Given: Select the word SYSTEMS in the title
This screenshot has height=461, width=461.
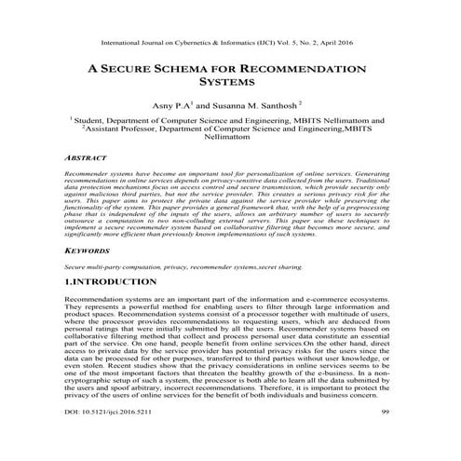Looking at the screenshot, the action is pos(229,85).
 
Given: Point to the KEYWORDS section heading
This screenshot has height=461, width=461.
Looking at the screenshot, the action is pos(88,251).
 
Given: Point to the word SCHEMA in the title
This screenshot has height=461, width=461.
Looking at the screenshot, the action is pos(197,70).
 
